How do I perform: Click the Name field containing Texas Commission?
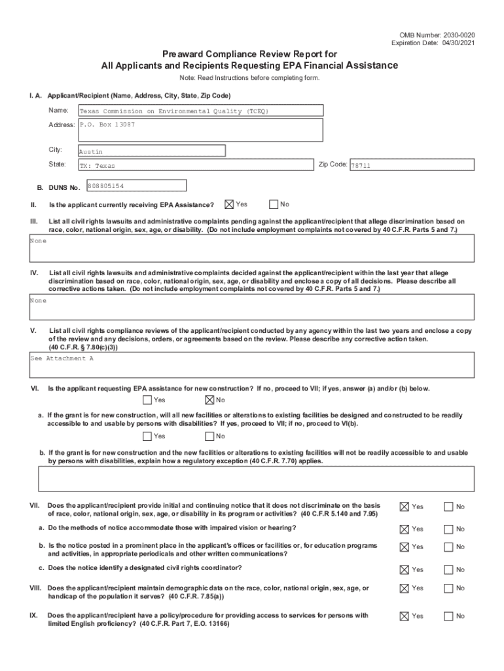coord(200,111)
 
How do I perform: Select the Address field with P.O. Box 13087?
coord(200,130)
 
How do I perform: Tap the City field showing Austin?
coord(151,151)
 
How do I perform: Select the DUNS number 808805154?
coord(135,186)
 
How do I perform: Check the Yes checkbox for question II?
coord(229,204)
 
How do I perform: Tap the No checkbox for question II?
coord(274,204)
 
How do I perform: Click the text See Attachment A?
coord(62,358)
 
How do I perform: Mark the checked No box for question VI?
coord(209,400)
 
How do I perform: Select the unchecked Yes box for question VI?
coord(147,400)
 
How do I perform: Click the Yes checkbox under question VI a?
coord(147,436)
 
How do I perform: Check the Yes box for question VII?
coord(405,507)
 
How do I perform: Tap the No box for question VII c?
coord(448,569)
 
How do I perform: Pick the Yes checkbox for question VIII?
coord(405,588)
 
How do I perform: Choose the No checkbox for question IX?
coord(448,616)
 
